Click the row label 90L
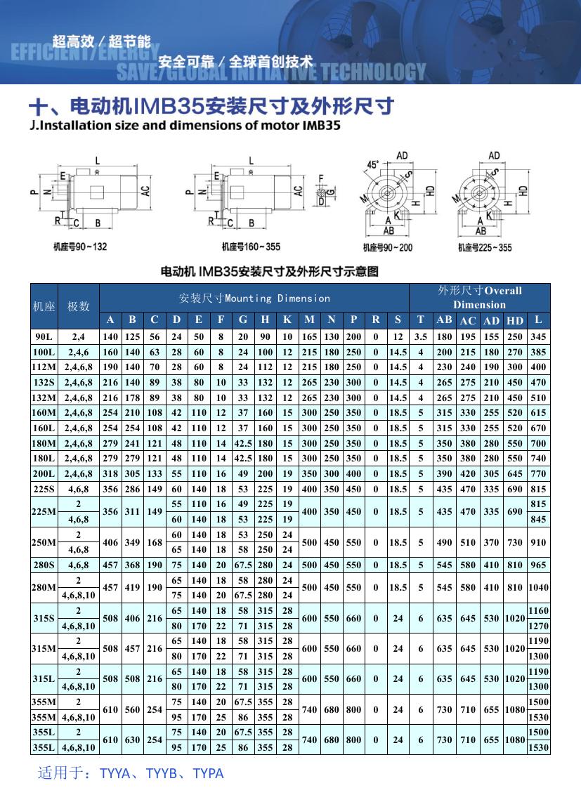(x=44, y=336)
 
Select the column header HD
(x=515, y=320)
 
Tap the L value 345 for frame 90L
(x=538, y=336)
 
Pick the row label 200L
(x=44, y=473)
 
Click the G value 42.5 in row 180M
(x=244, y=443)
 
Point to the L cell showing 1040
(x=538, y=587)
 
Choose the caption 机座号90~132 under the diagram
(x=81, y=247)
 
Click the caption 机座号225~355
(x=485, y=247)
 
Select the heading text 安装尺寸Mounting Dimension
(x=254, y=298)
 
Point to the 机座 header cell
(x=44, y=306)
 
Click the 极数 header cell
(x=79, y=306)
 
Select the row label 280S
(x=44, y=565)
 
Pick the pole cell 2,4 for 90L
(x=79, y=336)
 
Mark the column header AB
(x=444, y=320)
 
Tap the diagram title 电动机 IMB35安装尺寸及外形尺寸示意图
(x=270, y=271)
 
